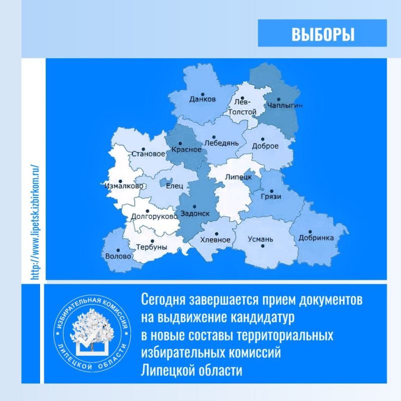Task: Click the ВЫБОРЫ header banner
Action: click(x=323, y=34)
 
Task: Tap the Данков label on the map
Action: click(x=203, y=99)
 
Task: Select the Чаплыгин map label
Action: click(x=286, y=106)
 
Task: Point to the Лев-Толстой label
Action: click(x=242, y=108)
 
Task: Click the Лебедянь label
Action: click(x=218, y=143)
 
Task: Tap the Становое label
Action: click(x=147, y=154)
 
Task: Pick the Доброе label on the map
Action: click(x=265, y=146)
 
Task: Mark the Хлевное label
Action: click(x=215, y=240)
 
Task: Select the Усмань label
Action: click(x=261, y=240)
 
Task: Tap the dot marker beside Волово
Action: click(x=118, y=250)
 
